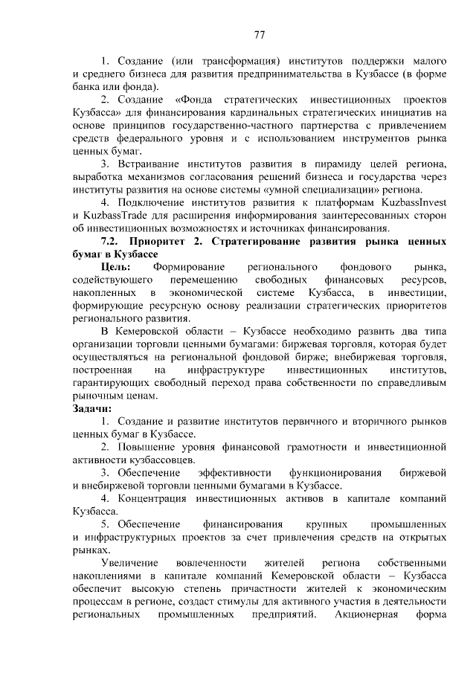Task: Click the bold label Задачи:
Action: point(91,408)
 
